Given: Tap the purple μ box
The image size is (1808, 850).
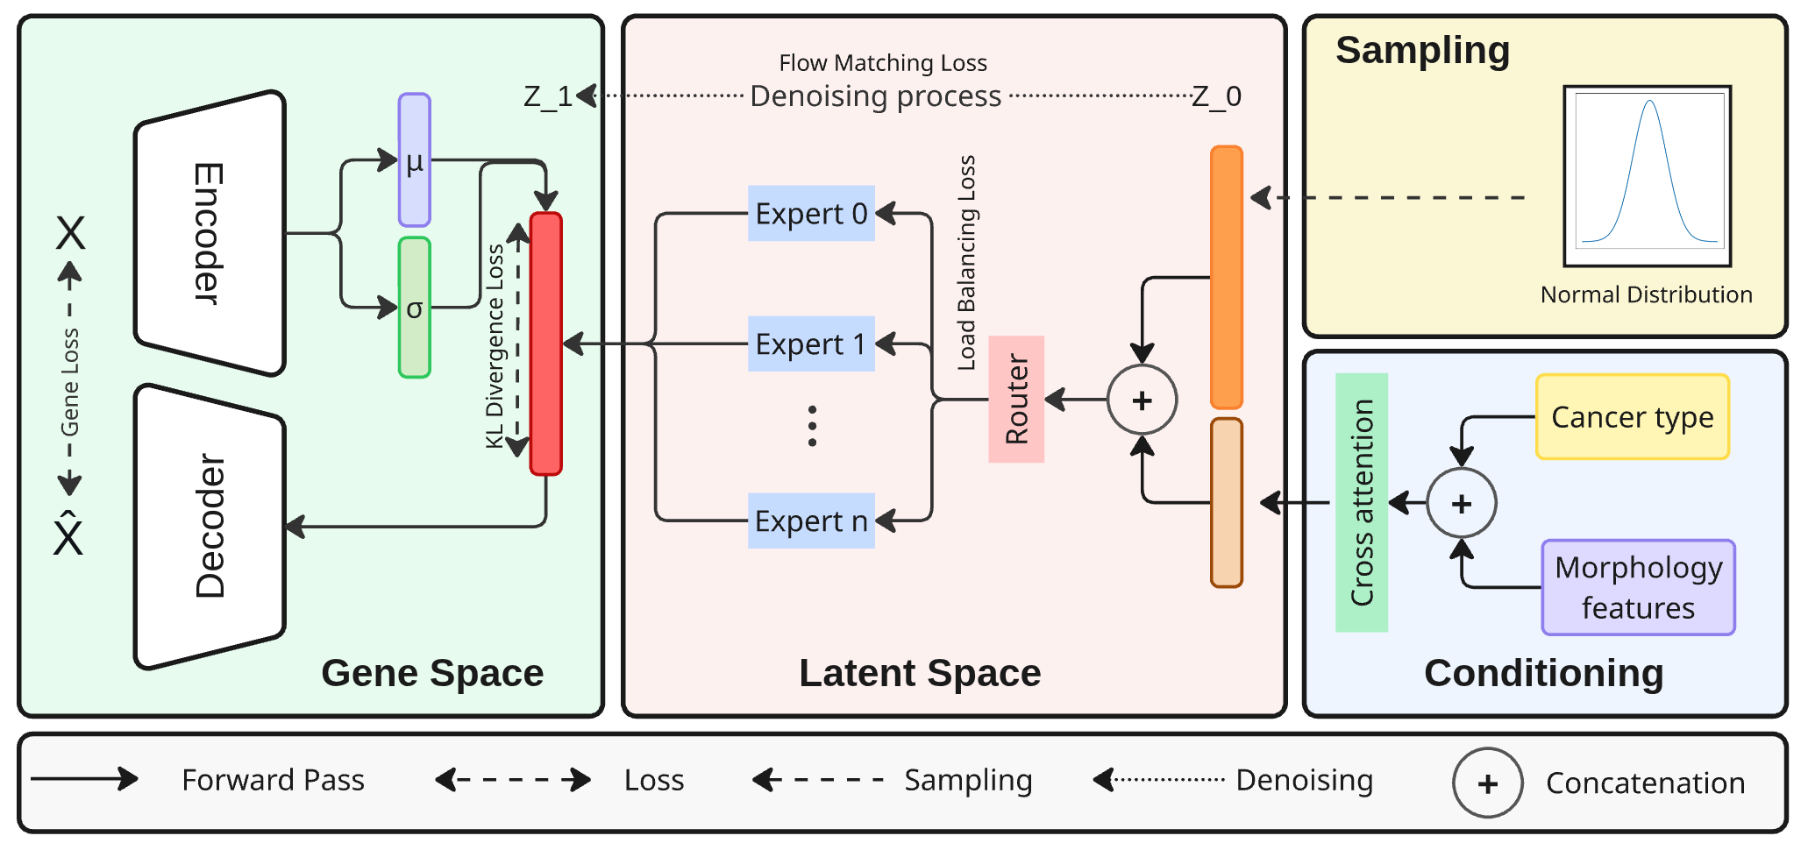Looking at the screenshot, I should click(414, 160).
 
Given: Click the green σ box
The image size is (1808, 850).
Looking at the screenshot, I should click(414, 308).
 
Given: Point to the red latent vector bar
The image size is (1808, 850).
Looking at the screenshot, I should click(545, 344).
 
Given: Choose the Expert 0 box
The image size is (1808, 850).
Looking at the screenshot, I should click(811, 213).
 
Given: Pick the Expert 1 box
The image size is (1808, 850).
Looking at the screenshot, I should click(811, 344).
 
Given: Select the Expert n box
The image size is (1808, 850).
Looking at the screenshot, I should click(811, 521).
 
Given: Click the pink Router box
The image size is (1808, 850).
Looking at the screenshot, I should click(1016, 400).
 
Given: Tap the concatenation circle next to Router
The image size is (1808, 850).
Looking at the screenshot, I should click(1142, 400).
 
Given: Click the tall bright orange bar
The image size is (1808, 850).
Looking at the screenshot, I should click(1227, 277).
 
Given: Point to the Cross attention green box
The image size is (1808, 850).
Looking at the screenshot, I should click(1361, 502).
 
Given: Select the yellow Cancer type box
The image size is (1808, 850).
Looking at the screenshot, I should click(1632, 417).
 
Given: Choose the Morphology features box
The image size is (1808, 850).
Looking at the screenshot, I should click(1638, 587).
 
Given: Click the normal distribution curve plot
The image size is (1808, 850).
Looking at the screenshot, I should click(1648, 175).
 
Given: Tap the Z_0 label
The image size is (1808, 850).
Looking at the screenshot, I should click(1217, 96).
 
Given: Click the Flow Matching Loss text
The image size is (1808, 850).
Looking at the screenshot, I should click(883, 63).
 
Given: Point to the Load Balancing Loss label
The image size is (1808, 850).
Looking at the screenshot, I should click(966, 263).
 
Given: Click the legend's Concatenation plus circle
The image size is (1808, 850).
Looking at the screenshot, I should click(1487, 783).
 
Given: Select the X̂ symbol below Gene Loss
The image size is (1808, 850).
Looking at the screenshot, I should click(68, 533).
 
